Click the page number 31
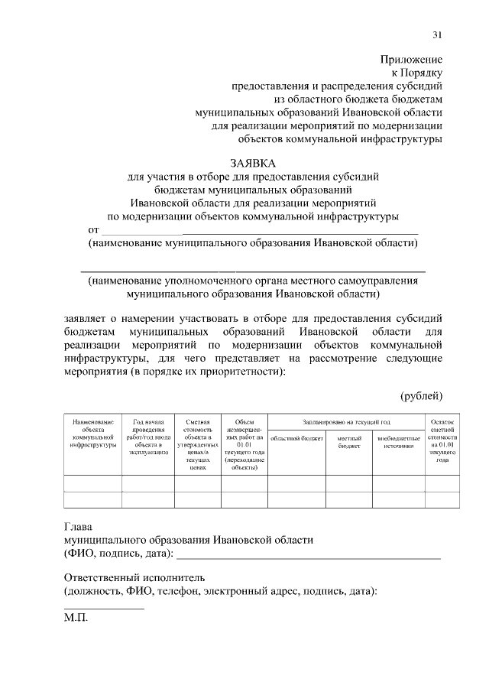[437, 34]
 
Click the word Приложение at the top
[411, 59]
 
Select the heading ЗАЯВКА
[253, 163]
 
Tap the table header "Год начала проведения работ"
[148, 437]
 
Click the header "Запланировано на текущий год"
[346, 422]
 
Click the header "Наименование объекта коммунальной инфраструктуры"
[92, 433]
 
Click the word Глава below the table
[77, 526]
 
